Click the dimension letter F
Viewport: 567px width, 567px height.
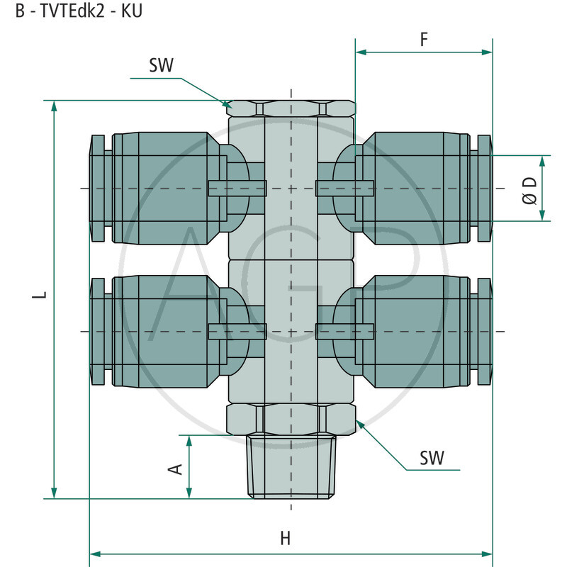pos(424,39)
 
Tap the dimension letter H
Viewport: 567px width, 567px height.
pos(285,538)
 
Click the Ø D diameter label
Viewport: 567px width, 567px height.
pos(530,189)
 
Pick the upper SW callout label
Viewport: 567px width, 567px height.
pos(162,66)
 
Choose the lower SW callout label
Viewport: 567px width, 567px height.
pos(432,458)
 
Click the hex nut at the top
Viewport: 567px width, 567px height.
pos(291,108)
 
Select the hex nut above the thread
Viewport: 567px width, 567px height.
pos(291,418)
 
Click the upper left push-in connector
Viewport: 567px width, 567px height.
pos(163,188)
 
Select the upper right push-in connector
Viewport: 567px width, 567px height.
pos(418,188)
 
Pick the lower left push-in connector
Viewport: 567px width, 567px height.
pos(163,332)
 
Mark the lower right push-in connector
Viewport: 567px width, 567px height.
pos(418,332)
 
